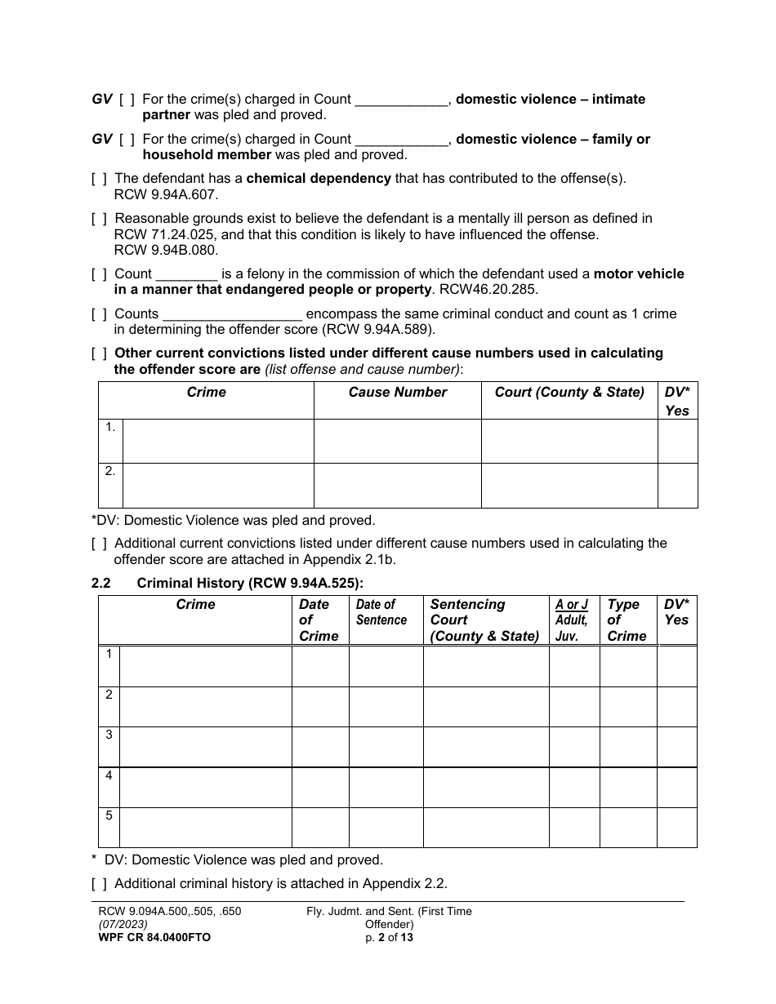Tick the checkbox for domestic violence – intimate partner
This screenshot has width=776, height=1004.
pos(127,100)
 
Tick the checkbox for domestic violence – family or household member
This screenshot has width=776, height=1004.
pos(127,140)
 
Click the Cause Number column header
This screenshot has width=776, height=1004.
pos(397,393)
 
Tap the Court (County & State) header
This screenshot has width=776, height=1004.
pos(569,393)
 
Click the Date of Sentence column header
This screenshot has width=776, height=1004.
pos(381,612)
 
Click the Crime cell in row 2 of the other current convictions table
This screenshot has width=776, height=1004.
pos(217,486)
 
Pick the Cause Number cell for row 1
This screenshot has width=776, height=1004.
pos(397,441)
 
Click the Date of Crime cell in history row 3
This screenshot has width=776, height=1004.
pos(320,747)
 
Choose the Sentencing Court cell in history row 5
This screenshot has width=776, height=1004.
pos(485,828)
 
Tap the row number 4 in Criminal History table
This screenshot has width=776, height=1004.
pos(109,775)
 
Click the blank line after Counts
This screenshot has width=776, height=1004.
pos(233,314)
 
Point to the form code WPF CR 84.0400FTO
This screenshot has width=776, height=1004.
pos(154,938)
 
